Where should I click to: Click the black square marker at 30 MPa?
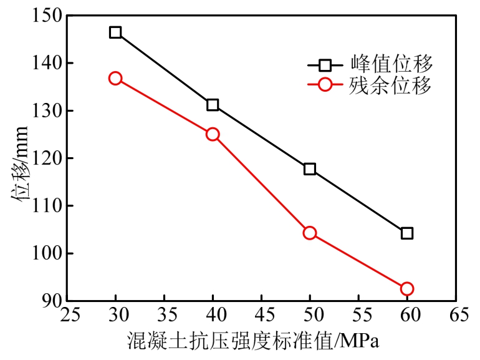click(115, 32)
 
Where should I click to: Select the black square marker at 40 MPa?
click(213, 105)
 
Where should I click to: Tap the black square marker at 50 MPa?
click(310, 169)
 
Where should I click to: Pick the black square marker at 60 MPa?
click(407, 233)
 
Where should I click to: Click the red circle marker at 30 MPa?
click(115, 79)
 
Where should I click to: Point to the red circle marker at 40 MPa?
click(213, 134)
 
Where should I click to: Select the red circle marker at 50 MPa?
click(310, 233)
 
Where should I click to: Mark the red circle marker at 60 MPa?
click(407, 288)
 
